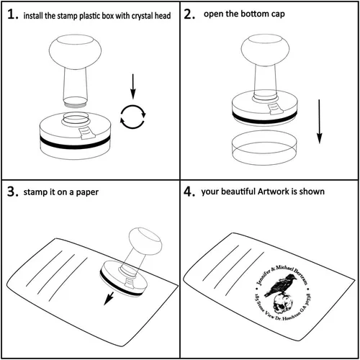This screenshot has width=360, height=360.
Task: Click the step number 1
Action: tap(12, 14)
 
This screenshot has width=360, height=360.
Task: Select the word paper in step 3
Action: tap(87, 193)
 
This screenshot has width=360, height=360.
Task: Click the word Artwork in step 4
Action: tap(273, 192)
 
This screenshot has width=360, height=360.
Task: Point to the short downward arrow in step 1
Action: tap(133, 86)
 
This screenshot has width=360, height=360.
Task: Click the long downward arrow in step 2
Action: tap(319, 122)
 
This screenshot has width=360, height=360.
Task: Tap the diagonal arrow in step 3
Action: tap(109, 298)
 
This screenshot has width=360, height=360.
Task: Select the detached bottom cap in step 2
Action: tap(264, 148)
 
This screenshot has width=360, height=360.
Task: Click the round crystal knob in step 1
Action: tap(75, 52)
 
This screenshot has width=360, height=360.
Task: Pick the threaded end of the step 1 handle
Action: tap(75, 102)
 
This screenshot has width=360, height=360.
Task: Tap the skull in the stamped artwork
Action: tap(282, 303)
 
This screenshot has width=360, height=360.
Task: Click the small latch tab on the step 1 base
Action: tap(87, 133)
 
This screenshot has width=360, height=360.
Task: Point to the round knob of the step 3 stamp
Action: tap(145, 241)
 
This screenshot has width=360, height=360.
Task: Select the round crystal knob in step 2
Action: tap(265, 50)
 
